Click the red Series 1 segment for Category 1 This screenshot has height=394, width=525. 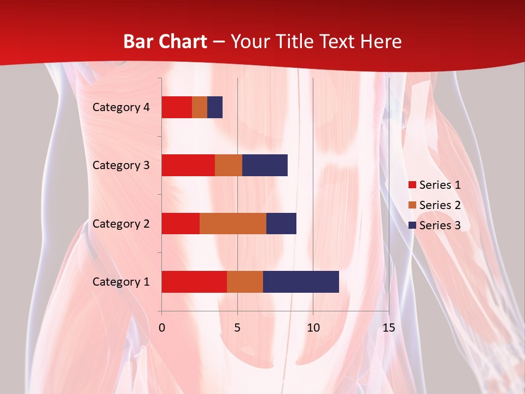[x=194, y=282]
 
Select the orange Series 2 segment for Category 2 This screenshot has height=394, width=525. [x=233, y=223]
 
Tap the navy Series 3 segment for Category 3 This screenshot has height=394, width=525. [x=265, y=165]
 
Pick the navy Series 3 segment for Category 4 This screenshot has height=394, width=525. [x=215, y=107]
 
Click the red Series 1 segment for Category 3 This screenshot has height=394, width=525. [x=188, y=165]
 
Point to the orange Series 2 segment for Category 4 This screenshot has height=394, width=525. [x=200, y=107]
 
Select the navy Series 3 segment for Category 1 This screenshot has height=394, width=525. [x=301, y=282]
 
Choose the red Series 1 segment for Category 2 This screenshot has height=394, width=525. [x=180, y=223]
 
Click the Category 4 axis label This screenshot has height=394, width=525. [x=121, y=107]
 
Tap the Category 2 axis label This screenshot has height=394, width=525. [x=121, y=223]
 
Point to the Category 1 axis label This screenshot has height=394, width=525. [x=121, y=282]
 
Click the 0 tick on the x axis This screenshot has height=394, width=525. [x=162, y=328]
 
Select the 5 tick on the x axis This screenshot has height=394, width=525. [x=237, y=328]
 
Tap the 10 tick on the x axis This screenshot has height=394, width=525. [x=313, y=328]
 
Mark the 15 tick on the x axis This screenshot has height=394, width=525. [x=388, y=328]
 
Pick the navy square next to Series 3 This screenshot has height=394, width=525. [x=412, y=225]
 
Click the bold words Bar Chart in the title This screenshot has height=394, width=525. [x=165, y=42]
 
